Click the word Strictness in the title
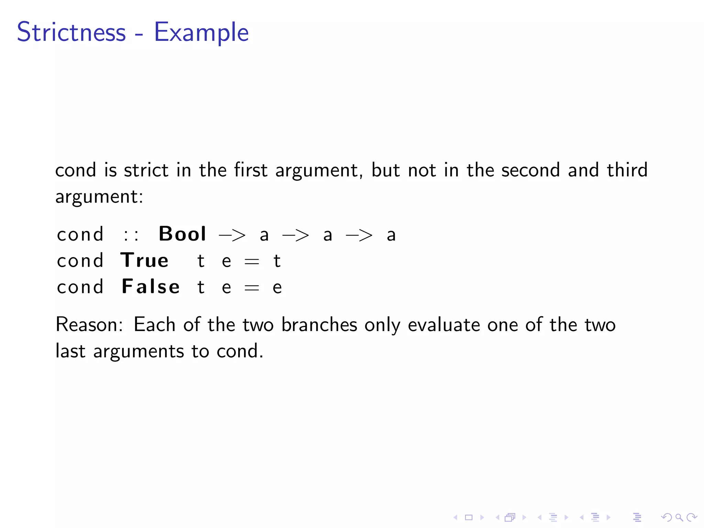tap(71, 32)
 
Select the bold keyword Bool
tap(183, 234)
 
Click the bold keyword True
tap(144, 260)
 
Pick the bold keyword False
tap(151, 287)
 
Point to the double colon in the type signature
tap(131, 235)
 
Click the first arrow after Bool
tap(232, 235)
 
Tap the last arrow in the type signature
tap(359, 235)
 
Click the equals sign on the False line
tap(251, 288)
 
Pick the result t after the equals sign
tap(277, 261)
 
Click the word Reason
tap(89, 324)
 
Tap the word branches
tap(319, 324)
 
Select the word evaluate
tap(444, 324)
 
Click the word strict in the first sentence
tap(146, 170)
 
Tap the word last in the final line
tap(70, 351)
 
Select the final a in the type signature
tap(391, 235)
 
